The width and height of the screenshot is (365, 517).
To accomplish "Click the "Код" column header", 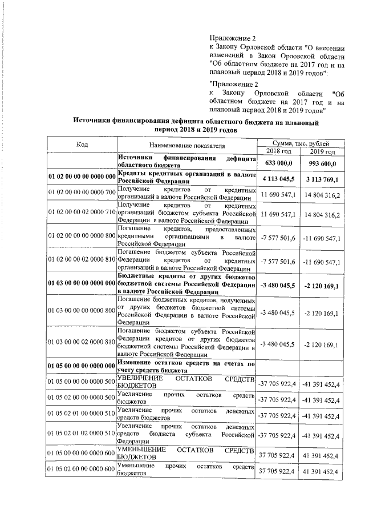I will point(82,145).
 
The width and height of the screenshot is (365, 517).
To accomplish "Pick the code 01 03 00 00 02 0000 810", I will point(82,344).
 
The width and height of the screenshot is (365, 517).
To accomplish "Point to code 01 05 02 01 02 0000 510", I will point(82,435).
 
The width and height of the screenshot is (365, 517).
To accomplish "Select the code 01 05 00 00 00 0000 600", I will point(82,454).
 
